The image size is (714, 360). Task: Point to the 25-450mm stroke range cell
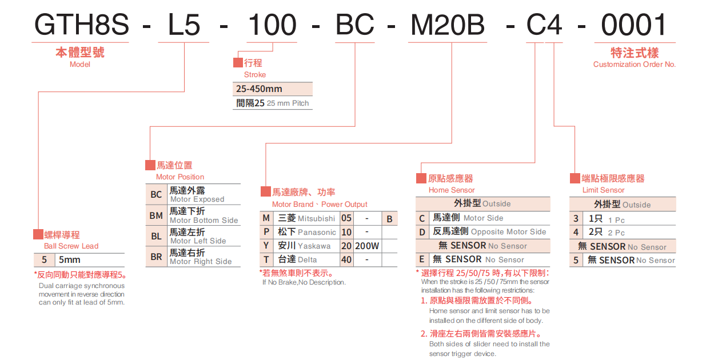[260, 89]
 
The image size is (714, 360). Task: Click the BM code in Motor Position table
[156, 215]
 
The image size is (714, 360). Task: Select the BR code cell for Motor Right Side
[156, 257]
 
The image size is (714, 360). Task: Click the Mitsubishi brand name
[316, 218]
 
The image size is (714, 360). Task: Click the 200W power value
[366, 246]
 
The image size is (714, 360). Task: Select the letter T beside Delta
[266, 259]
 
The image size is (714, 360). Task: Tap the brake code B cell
[389, 218]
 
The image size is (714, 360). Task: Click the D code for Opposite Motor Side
[422, 231]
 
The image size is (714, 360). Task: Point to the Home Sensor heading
[452, 190]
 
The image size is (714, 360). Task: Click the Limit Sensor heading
[603, 190]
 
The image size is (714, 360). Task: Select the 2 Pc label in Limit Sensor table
[616, 233]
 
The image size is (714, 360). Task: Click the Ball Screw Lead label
[71, 246]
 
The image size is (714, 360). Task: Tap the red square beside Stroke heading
[238, 62]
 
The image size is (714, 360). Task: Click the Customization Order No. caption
[635, 65]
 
